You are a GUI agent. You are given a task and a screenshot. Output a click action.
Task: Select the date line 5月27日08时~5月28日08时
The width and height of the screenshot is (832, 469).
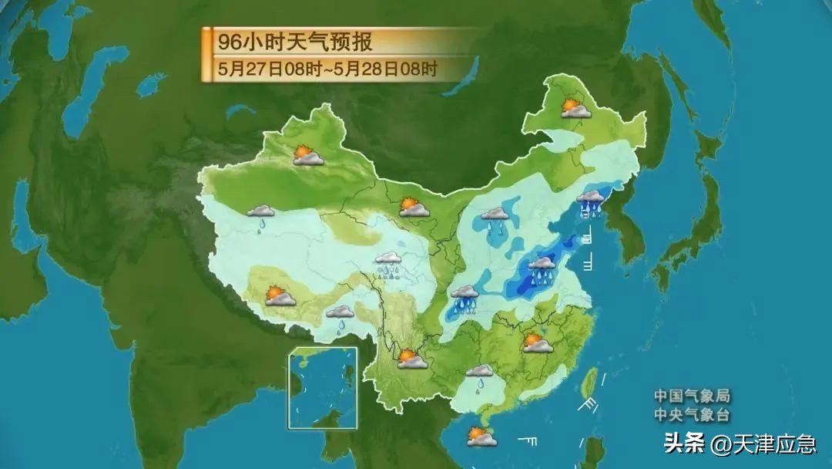click(327, 68)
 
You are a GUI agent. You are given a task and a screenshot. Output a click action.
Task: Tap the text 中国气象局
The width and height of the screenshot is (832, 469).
click(691, 396)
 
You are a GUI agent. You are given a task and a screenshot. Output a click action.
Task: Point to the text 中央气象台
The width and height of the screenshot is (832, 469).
click(691, 415)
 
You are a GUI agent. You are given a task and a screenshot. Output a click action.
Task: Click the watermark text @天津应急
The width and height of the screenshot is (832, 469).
click(763, 444)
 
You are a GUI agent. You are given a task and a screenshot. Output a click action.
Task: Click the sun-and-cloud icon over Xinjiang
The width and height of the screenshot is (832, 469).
click(307, 155)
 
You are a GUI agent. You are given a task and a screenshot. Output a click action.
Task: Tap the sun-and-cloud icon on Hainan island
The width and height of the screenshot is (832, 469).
click(481, 437)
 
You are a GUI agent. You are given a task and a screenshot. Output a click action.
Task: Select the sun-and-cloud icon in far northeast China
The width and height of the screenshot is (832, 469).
click(575, 108)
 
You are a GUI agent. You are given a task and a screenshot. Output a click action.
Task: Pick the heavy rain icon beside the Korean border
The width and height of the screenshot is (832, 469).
click(591, 202)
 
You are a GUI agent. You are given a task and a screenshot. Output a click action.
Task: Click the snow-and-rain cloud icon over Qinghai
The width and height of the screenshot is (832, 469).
click(387, 265)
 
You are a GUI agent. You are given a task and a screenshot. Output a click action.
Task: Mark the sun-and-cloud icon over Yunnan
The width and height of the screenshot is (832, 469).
click(411, 359)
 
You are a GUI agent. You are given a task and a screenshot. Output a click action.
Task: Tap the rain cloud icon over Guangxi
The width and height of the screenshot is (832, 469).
click(479, 376)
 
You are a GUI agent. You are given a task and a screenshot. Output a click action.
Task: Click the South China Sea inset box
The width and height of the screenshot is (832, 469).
click(323, 388)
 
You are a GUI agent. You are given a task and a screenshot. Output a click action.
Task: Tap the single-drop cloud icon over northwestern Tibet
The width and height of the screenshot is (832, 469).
click(261, 215)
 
